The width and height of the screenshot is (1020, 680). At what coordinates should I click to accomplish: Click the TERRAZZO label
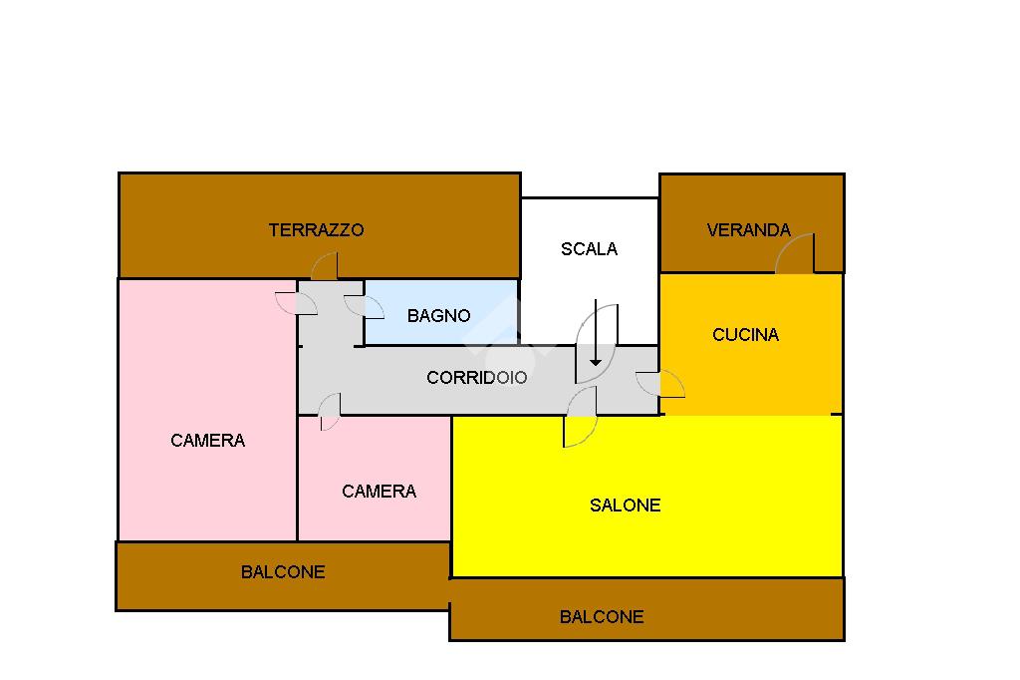[316, 230]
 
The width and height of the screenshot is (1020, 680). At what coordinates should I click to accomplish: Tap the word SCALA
[589, 249]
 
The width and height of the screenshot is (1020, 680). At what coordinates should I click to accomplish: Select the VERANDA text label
[749, 230]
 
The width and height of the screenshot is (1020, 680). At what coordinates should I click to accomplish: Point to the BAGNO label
[438, 316]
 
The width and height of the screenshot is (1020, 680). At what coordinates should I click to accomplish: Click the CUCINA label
[745, 335]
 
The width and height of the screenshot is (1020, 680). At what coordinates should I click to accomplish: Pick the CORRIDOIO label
[477, 378]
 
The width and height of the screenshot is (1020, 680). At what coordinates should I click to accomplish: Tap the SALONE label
[626, 506]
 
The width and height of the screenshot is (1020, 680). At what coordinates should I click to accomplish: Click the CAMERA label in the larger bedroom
[207, 441]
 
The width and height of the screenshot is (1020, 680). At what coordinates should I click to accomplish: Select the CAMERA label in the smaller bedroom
[379, 492]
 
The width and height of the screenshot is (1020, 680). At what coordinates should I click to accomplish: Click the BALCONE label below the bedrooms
[283, 572]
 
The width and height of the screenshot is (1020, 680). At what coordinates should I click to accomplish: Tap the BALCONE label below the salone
[602, 617]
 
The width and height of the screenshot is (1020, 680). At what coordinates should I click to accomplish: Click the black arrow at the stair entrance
[596, 333]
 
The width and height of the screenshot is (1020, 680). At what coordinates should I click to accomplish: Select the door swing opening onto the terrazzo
[325, 266]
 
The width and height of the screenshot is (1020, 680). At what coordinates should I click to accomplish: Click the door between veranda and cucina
[795, 253]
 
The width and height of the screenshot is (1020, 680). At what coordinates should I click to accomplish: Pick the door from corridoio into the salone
[581, 417]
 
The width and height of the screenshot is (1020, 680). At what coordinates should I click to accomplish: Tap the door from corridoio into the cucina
[660, 384]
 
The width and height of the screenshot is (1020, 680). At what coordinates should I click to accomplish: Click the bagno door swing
[364, 307]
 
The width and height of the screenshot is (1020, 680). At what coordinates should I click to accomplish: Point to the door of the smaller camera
[330, 412]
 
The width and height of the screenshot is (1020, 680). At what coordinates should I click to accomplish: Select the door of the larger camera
[296, 303]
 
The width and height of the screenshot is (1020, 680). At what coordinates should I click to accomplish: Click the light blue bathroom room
[441, 313]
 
